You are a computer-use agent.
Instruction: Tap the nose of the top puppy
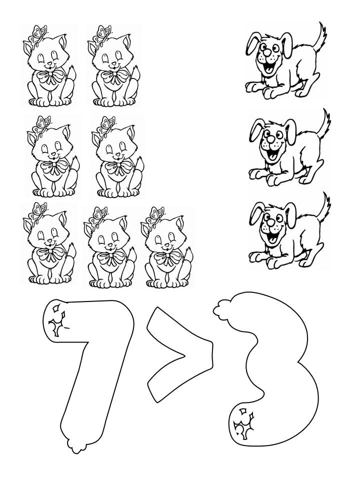point(267,53)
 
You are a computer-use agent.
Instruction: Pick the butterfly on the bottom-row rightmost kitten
point(155,216)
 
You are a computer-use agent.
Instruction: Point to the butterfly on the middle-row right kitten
point(106,125)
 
